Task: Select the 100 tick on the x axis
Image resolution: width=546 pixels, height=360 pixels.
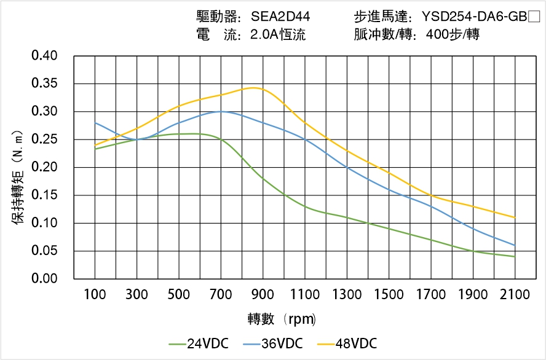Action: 95,295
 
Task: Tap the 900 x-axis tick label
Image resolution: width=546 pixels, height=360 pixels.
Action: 263,295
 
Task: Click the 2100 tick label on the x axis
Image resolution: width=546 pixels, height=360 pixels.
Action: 515,295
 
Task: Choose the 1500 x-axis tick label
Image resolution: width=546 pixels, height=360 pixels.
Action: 389,295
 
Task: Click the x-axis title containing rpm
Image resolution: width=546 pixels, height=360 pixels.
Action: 282,319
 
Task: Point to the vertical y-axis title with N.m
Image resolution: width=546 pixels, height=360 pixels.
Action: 19,178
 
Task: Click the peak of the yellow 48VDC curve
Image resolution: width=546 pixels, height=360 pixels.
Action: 254,87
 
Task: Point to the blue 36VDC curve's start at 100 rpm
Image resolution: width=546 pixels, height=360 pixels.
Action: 95,123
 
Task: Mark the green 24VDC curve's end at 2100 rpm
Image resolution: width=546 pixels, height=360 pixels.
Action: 515,256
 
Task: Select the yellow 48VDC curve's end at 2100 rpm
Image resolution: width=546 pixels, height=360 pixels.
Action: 515,217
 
